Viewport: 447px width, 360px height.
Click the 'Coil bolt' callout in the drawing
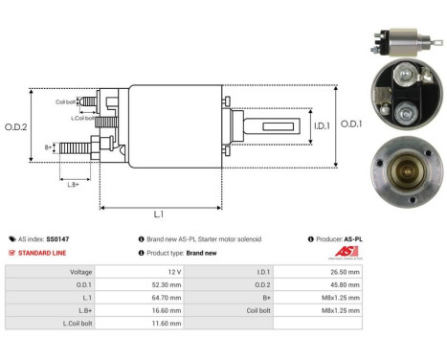(65, 102)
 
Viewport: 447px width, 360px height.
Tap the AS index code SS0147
(56, 238)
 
